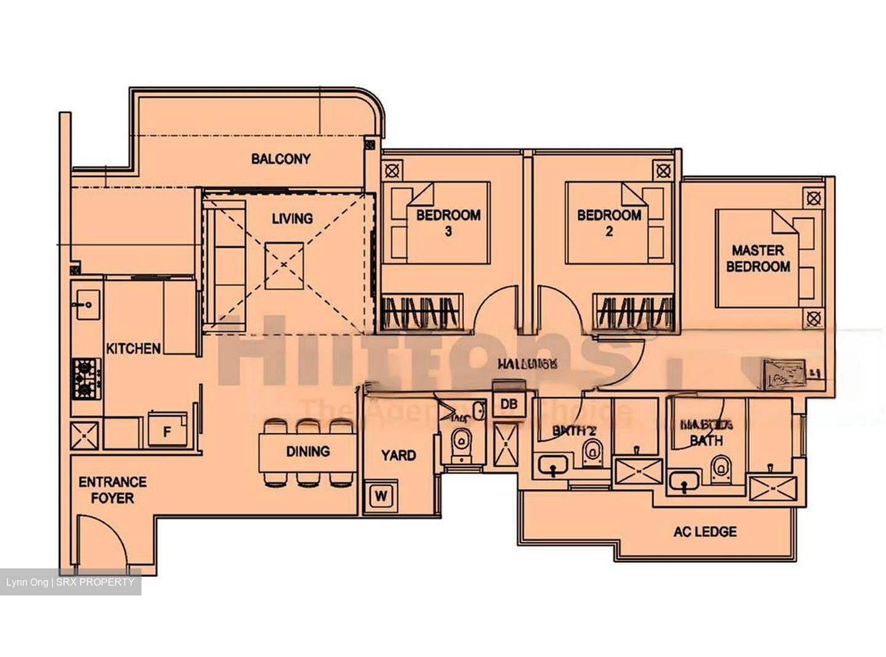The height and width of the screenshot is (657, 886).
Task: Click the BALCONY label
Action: (x=281, y=159)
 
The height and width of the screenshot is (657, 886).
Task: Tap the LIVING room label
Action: (x=292, y=218)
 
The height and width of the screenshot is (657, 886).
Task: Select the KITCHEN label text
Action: (x=134, y=348)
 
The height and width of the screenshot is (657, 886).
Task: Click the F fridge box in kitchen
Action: (x=167, y=431)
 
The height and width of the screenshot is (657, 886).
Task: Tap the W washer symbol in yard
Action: (x=381, y=496)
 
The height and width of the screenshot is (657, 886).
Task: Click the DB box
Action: (x=508, y=404)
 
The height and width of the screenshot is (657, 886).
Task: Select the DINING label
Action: (x=308, y=451)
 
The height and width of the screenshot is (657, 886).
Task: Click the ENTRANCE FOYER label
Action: (x=113, y=490)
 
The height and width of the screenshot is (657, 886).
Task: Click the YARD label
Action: (x=398, y=455)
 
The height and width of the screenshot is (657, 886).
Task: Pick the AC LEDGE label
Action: (x=704, y=532)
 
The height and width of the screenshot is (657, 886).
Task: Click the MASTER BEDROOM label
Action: (x=758, y=258)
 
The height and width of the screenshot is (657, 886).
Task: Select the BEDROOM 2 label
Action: (x=609, y=223)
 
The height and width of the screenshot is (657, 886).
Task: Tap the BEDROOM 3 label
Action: (x=448, y=223)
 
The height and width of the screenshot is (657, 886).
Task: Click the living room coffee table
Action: (x=284, y=265)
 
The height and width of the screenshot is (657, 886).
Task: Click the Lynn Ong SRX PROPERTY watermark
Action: (x=70, y=582)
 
